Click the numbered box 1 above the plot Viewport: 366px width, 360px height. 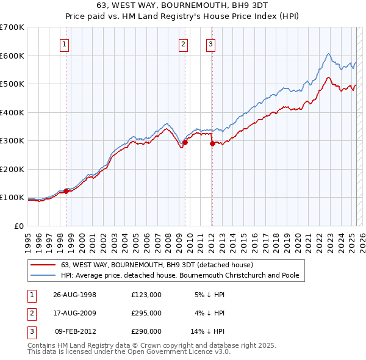click(x=64, y=43)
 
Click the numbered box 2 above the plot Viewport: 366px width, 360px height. click(x=183, y=43)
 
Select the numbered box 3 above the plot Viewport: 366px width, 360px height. click(x=210, y=43)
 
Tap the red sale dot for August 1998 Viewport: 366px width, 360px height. click(x=66, y=190)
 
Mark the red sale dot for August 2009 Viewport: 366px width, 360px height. click(x=185, y=142)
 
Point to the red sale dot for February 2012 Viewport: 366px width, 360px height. click(x=212, y=143)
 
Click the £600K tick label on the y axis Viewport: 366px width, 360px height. click(x=12, y=56)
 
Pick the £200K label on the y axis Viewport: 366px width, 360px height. click(x=12, y=169)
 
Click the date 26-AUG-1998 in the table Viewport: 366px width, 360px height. click(x=75, y=295)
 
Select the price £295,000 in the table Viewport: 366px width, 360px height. click(x=146, y=313)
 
